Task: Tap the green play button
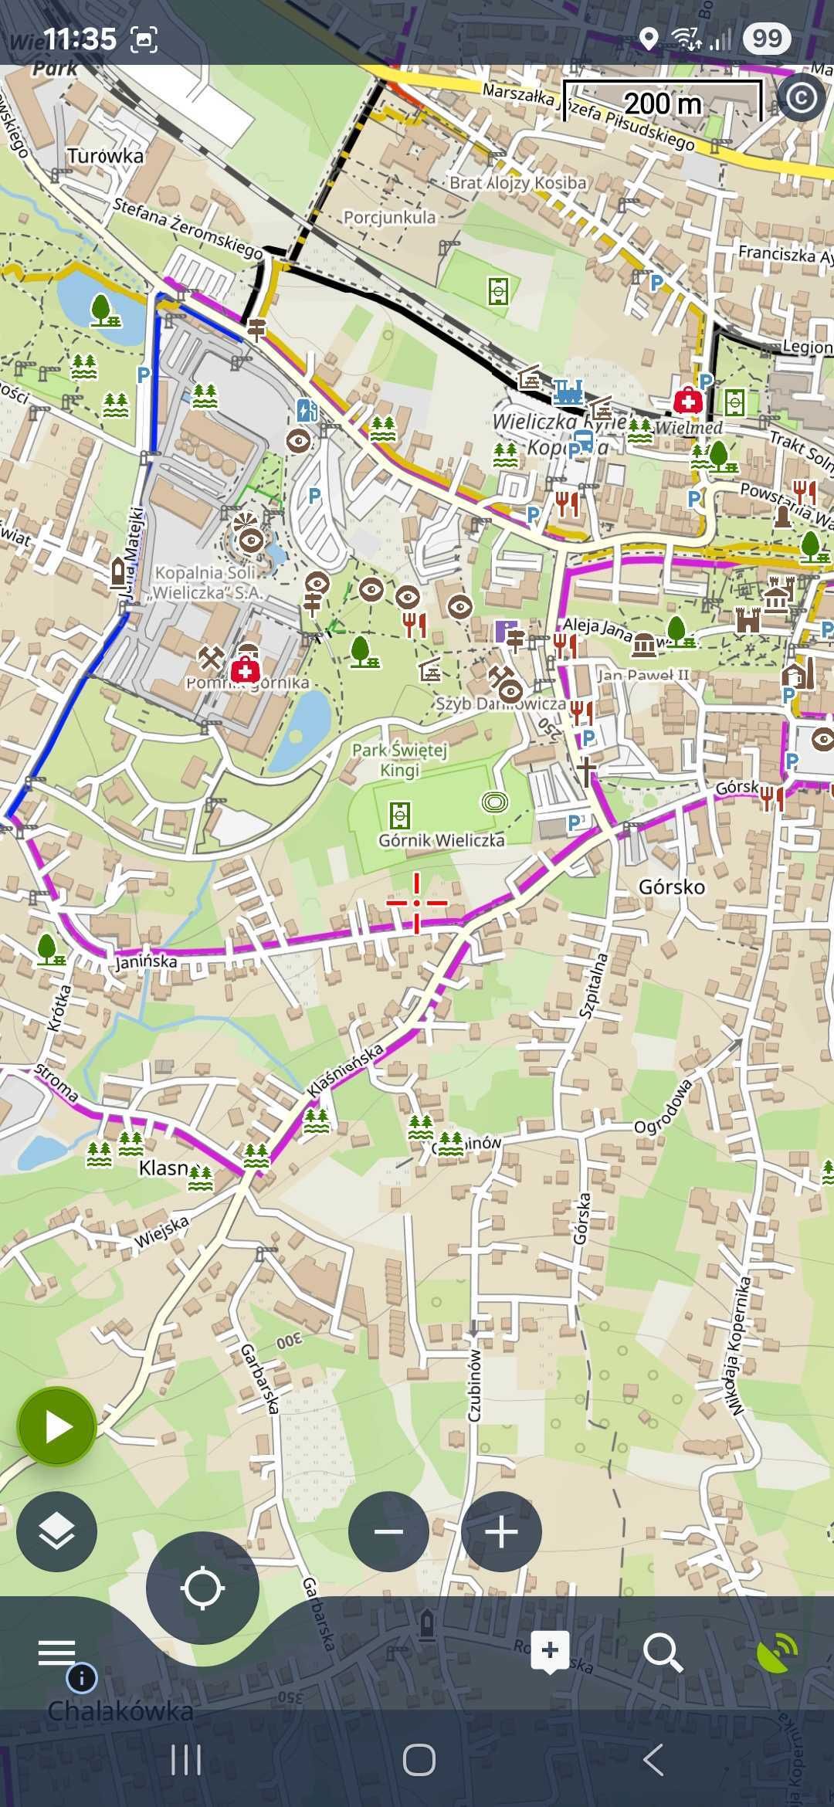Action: (x=56, y=1427)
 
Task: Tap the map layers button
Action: (x=56, y=1531)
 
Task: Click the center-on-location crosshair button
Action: (x=202, y=1588)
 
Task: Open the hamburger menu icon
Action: (x=56, y=1652)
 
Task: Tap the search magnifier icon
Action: (x=663, y=1652)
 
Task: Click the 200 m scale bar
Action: (x=663, y=102)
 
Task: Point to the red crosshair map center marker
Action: (x=416, y=902)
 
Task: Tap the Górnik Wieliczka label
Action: (x=441, y=840)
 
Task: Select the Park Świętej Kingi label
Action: (x=399, y=760)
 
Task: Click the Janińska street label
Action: (x=146, y=962)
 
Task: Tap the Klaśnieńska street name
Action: (x=344, y=1070)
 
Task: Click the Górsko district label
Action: (x=671, y=887)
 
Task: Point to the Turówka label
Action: (x=105, y=156)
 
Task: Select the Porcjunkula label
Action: (x=389, y=217)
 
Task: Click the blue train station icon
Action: (x=569, y=391)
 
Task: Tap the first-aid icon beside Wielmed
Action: (x=687, y=400)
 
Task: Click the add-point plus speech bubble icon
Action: (x=550, y=1652)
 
